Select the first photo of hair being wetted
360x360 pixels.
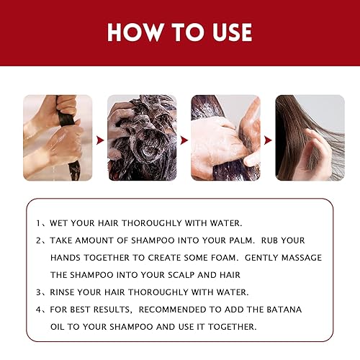[x=58, y=138]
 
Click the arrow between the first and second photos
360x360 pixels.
[x=100, y=138]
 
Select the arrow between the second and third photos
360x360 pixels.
[x=184, y=138]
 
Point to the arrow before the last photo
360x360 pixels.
[x=267, y=138]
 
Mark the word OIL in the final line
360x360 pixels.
[x=60, y=325]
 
